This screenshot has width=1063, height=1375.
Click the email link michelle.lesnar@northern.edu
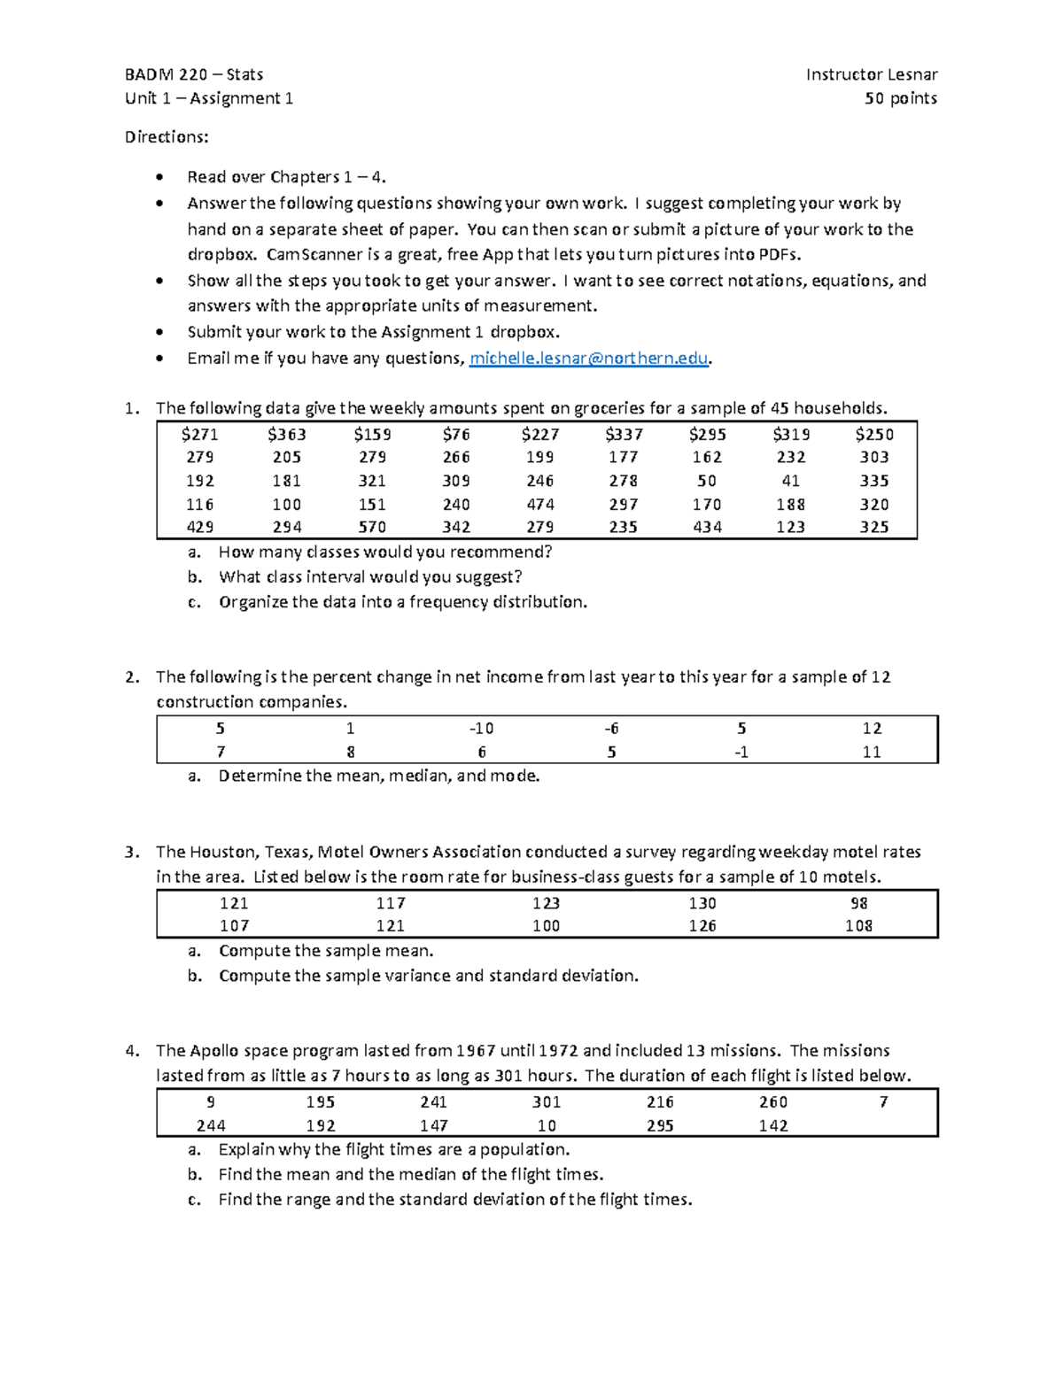tap(589, 359)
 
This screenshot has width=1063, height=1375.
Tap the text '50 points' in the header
tap(901, 98)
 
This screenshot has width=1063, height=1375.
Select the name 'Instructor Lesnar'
tap(872, 74)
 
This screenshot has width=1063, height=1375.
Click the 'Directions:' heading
tap(167, 137)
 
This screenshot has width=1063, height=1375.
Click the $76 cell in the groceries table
tap(456, 435)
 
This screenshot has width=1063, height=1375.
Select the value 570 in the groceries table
tap(372, 528)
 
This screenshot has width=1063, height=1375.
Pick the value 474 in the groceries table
tap(539, 505)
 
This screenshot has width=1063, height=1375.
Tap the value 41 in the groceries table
tap(790, 481)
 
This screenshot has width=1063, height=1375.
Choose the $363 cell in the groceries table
tap(286, 435)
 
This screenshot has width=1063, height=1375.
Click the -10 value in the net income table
tap(481, 729)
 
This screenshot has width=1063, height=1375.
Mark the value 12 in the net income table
tap(872, 729)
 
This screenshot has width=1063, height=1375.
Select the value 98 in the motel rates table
tap(858, 903)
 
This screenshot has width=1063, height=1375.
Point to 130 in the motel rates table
tap(702, 903)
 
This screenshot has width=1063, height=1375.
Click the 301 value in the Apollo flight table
tap(547, 1102)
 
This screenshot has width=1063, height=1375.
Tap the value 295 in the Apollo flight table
tap(660, 1126)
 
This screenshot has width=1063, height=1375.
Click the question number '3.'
tap(132, 853)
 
